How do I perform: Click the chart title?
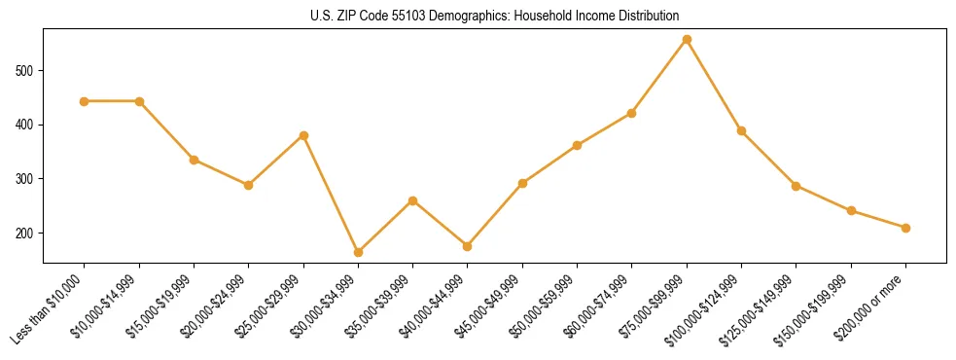494,17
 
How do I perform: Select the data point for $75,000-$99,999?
687,40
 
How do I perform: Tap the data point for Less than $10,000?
85,101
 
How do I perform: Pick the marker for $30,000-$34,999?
358,252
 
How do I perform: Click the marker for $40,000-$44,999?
468,246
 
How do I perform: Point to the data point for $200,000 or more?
905,228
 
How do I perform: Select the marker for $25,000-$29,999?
303,135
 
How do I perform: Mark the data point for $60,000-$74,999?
632,113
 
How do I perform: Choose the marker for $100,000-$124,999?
741,130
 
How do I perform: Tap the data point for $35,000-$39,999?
413,200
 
